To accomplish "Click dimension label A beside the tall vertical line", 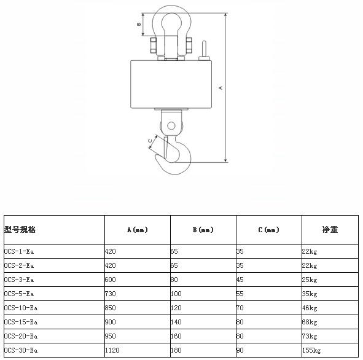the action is [x=221, y=88].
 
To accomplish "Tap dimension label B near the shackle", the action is [x=139, y=24].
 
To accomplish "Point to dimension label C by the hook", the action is [x=150, y=141].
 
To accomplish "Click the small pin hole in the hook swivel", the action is [x=171, y=126].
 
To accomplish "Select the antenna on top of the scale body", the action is [x=204, y=51].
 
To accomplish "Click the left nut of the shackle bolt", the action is [x=154, y=45].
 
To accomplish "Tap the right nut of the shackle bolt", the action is [x=189, y=45].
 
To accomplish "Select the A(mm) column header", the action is [x=138, y=230].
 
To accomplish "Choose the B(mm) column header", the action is [x=203, y=230].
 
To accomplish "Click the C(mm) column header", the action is [x=269, y=230].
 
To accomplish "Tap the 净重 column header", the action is [x=330, y=229].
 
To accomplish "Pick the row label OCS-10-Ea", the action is [x=21, y=308].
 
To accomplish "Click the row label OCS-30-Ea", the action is [x=21, y=351].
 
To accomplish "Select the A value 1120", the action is [x=112, y=351].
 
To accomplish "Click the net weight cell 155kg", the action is [x=311, y=351].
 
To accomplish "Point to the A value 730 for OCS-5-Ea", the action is [x=110, y=294].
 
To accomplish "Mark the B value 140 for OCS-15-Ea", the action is [x=176, y=323].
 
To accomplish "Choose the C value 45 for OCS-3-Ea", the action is [x=240, y=280].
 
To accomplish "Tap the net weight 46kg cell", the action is [x=310, y=308].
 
